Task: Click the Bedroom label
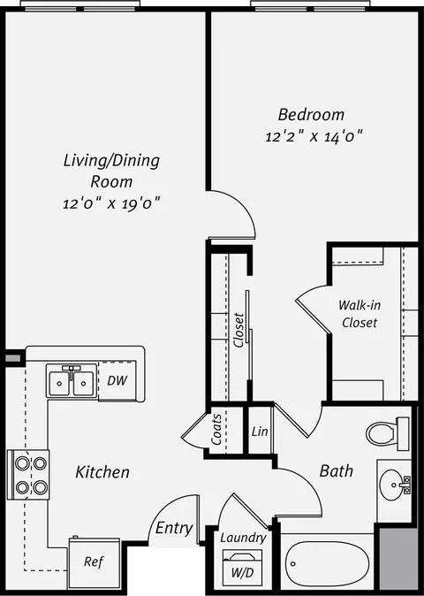click(311, 115)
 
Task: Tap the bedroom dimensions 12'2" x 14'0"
click(314, 136)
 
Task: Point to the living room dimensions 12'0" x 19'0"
click(111, 203)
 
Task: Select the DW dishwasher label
click(117, 380)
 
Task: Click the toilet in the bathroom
click(388, 433)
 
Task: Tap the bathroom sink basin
click(392, 485)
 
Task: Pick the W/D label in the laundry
click(243, 572)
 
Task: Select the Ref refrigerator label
click(94, 562)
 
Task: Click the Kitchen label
click(102, 472)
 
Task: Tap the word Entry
click(174, 528)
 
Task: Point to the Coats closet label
click(216, 430)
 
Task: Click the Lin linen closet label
click(260, 432)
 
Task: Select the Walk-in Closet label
click(360, 314)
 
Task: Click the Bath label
click(337, 471)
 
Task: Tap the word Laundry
click(243, 538)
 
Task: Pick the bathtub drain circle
click(293, 563)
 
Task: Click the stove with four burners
click(28, 474)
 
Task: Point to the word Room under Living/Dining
click(111, 181)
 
